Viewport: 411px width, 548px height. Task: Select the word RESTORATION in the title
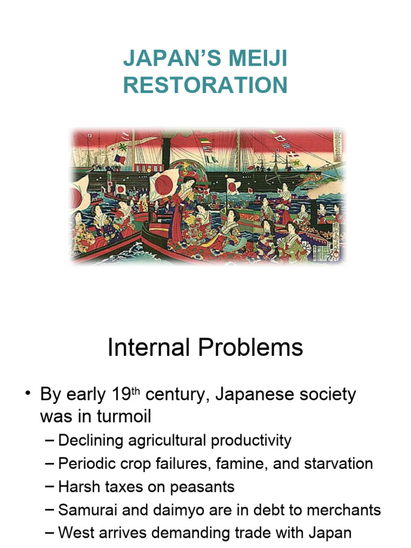coord(205,86)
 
